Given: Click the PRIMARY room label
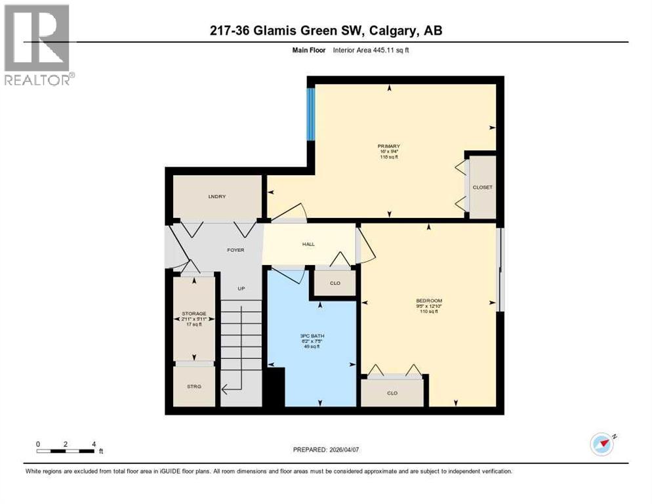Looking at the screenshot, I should [x=388, y=146].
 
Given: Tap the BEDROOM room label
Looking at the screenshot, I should [x=429, y=301].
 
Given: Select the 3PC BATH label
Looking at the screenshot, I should [x=317, y=336].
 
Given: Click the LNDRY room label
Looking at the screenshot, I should [x=217, y=196].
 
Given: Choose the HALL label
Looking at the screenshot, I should [x=308, y=244].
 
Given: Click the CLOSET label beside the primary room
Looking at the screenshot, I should [x=483, y=187].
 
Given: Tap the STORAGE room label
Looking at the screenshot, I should [x=194, y=314].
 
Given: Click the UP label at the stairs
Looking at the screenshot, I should [x=241, y=288].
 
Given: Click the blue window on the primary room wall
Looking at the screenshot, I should [x=311, y=114].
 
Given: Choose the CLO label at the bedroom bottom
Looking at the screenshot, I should [x=392, y=393].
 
